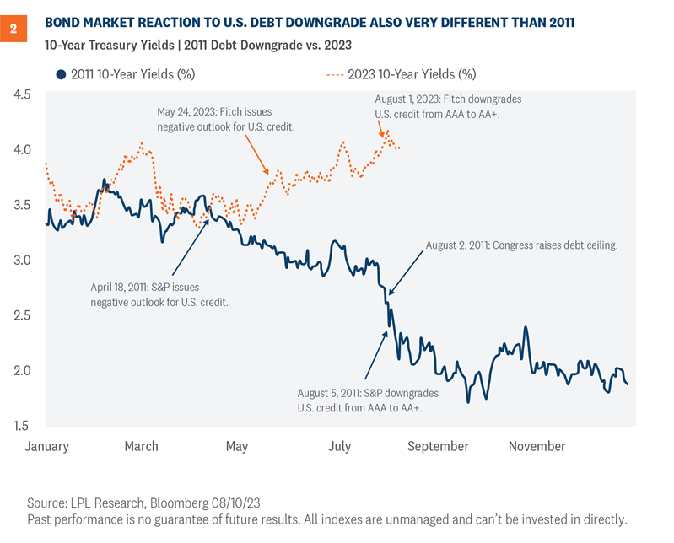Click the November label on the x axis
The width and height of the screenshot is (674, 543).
(537, 446)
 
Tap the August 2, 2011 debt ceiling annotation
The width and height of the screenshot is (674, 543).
(521, 245)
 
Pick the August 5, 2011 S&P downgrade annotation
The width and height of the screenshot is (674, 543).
(359, 400)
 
